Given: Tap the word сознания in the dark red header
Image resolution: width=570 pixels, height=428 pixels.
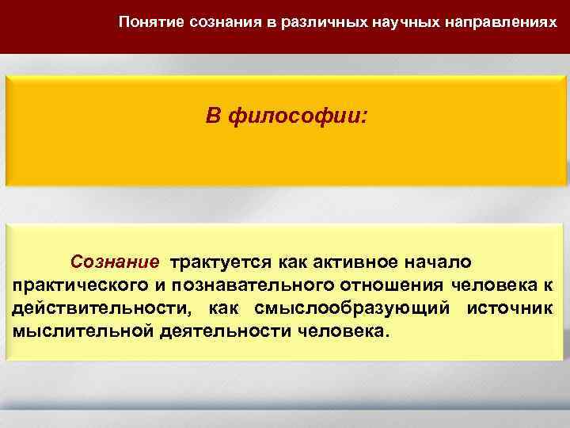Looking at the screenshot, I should click(x=225, y=22).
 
